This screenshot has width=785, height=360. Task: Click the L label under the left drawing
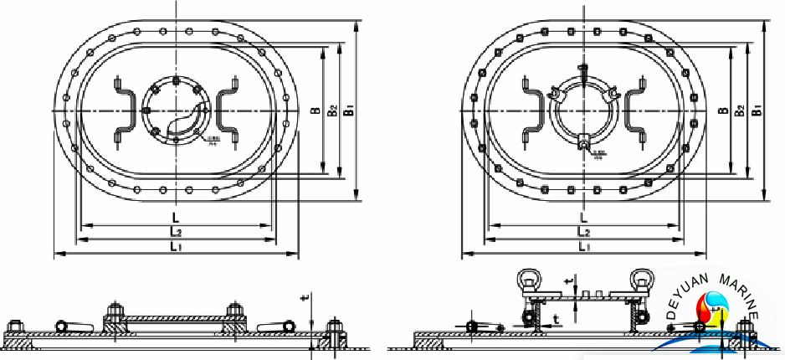tap(174, 217)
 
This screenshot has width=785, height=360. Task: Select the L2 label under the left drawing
tap(176, 231)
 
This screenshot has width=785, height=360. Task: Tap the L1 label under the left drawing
tap(176, 246)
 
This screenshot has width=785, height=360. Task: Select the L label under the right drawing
tap(583, 217)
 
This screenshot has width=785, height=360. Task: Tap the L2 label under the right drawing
tap(584, 232)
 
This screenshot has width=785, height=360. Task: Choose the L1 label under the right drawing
tap(584, 246)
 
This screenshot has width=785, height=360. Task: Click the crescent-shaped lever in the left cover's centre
tap(186, 121)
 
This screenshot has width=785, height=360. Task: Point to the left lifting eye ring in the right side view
tap(528, 279)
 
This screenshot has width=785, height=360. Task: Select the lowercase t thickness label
tap(556, 319)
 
